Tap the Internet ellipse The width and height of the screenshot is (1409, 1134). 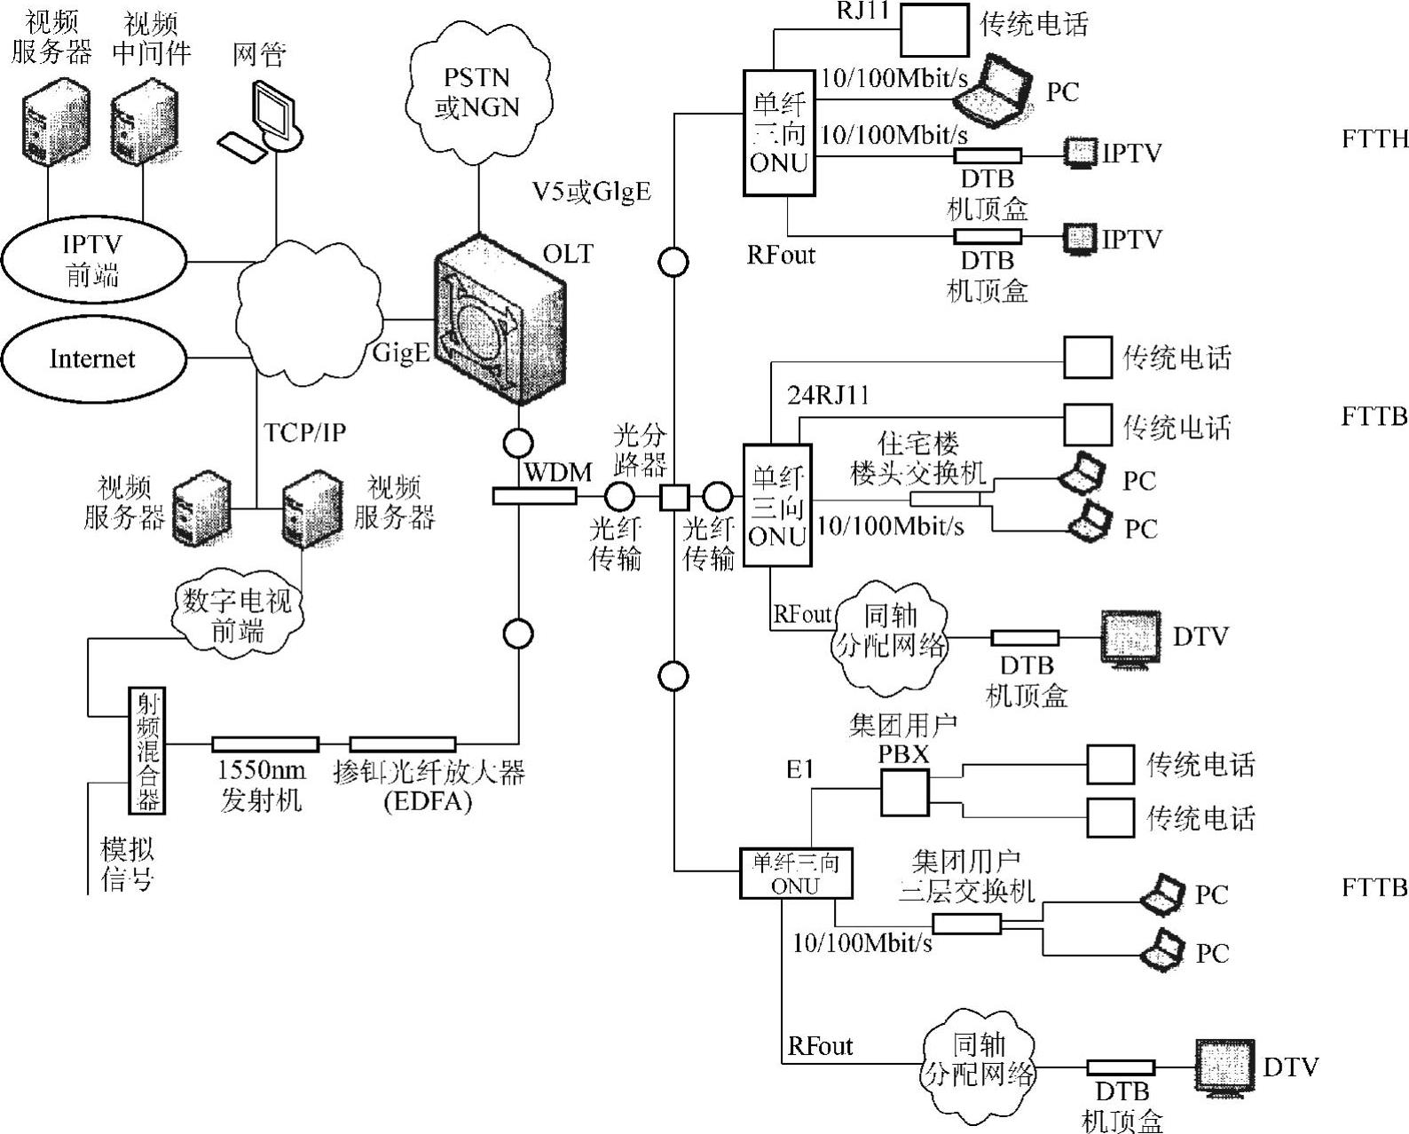(93, 358)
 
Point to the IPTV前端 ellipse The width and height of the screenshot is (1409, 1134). (93, 259)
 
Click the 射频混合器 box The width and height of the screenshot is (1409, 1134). (147, 750)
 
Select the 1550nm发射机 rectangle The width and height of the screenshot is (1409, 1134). (264, 744)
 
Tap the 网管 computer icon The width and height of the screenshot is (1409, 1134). (266, 120)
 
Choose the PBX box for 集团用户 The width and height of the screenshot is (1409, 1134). (904, 792)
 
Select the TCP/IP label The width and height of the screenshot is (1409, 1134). (304, 432)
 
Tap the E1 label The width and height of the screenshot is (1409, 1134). (799, 769)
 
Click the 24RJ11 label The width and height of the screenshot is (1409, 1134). (829, 396)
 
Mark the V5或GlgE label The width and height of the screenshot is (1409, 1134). (591, 191)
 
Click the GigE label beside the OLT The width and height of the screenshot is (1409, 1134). (401, 352)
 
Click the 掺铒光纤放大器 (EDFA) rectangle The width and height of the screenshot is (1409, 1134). (402, 744)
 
